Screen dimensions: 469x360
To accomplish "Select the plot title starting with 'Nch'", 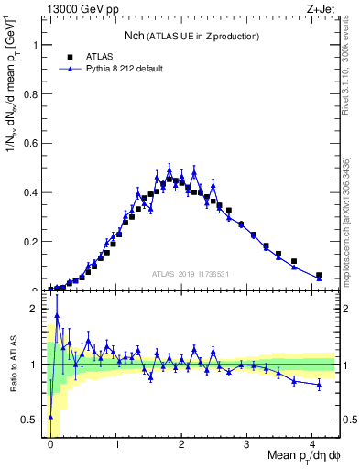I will pos(192,36).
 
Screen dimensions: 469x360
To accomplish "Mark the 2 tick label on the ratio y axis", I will pos(38,309).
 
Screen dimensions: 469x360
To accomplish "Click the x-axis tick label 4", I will pos(312,443).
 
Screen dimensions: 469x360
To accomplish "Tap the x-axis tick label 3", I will pos(246,443).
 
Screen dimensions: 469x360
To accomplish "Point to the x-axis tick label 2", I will pos(181,443).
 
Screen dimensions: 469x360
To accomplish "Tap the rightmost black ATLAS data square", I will pos(319,275).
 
